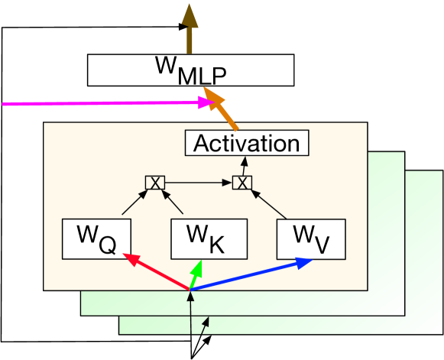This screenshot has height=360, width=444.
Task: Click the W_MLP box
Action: pos(190,70)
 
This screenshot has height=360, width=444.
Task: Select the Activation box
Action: pos(246,143)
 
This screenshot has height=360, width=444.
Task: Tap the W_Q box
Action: pos(96,238)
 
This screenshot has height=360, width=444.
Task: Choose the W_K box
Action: pos(208,238)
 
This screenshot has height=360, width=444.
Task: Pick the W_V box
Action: pos(311,238)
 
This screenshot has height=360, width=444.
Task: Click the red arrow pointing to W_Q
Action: pos(153,273)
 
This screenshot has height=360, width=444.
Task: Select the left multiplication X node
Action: pos(154,183)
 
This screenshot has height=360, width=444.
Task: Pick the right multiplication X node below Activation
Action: pos(241,183)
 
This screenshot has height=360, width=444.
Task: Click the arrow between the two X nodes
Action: pos(198,183)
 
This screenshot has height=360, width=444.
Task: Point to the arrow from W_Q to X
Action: pos(131,203)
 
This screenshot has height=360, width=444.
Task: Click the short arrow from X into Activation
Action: pos(243,167)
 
